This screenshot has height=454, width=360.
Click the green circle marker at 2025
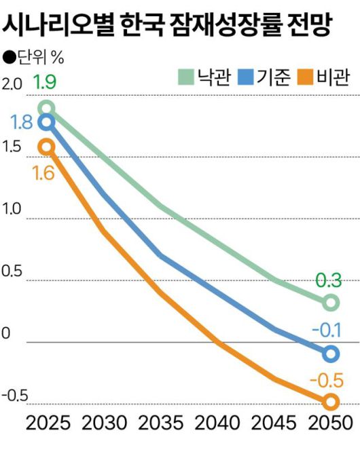46,108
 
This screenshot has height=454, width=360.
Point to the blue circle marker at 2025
46,123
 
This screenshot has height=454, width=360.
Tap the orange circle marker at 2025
46,147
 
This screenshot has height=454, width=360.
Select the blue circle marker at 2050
331,354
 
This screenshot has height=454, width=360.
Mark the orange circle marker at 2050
331,402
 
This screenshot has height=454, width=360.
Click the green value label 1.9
44,84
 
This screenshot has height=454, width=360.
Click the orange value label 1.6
43,173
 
